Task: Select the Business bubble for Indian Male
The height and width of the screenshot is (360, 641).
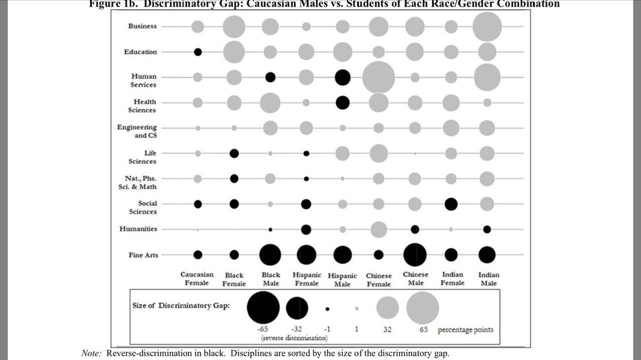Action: coord(487,26)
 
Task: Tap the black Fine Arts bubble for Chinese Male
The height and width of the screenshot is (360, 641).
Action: coord(415,254)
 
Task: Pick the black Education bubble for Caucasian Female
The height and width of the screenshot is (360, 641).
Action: coord(198,52)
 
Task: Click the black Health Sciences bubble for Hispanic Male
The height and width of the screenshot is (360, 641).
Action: coord(343,103)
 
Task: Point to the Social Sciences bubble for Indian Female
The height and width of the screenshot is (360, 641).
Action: coord(451,204)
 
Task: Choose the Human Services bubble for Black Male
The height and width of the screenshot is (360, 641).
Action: coord(270,77)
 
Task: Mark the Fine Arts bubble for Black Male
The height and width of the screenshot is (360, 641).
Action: coord(270,254)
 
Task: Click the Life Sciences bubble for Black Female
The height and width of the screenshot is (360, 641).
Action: coord(234,154)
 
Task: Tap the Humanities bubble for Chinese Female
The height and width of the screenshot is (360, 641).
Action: coord(379,229)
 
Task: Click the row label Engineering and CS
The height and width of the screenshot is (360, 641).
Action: coord(137,131)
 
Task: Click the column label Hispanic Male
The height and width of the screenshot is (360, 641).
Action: coord(343,280)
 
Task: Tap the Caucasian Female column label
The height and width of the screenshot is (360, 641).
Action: coord(197,278)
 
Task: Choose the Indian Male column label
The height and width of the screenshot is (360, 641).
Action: coord(489,279)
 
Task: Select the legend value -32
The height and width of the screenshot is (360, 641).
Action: coord(296,329)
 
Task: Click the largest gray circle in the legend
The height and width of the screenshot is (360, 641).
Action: coord(423,308)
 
